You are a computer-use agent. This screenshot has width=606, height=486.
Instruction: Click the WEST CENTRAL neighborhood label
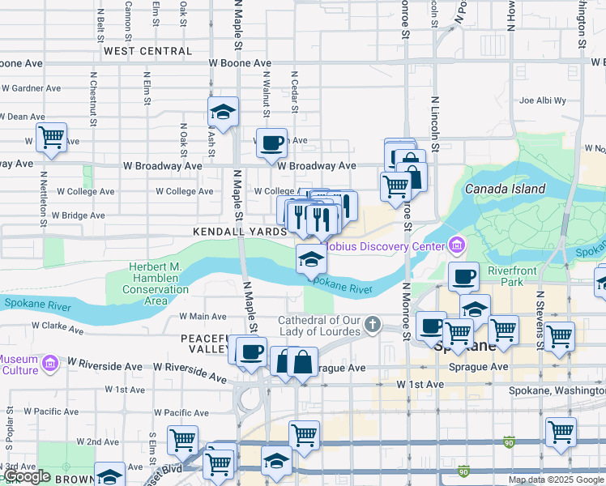click(x=147, y=51)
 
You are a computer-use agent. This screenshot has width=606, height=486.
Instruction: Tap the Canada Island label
click(x=505, y=189)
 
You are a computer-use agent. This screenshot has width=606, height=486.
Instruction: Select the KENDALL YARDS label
click(x=239, y=232)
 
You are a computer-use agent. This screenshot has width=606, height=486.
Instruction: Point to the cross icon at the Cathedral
click(x=372, y=325)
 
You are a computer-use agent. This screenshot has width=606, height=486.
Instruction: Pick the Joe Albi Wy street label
click(x=542, y=101)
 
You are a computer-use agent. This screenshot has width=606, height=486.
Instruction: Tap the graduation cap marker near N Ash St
click(x=222, y=111)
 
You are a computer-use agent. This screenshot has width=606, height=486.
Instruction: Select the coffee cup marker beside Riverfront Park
click(x=463, y=276)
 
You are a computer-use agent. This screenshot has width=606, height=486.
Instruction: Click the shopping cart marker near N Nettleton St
click(x=51, y=137)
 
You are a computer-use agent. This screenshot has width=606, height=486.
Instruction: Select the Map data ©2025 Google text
click(x=555, y=480)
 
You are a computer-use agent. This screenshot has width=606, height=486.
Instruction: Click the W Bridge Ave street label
click(x=78, y=215)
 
